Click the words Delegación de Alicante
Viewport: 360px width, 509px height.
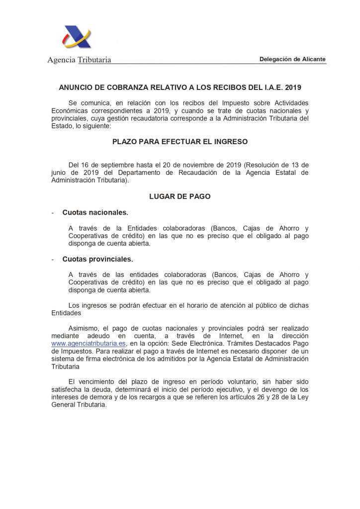(292, 59)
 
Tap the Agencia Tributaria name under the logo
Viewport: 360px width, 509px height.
(79, 60)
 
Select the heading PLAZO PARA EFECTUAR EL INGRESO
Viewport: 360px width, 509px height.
(180, 142)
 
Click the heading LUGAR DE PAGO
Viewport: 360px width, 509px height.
(180, 196)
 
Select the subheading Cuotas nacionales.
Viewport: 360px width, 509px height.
(95, 213)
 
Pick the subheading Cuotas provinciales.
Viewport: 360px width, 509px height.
(97, 259)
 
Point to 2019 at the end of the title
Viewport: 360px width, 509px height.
(293, 87)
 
